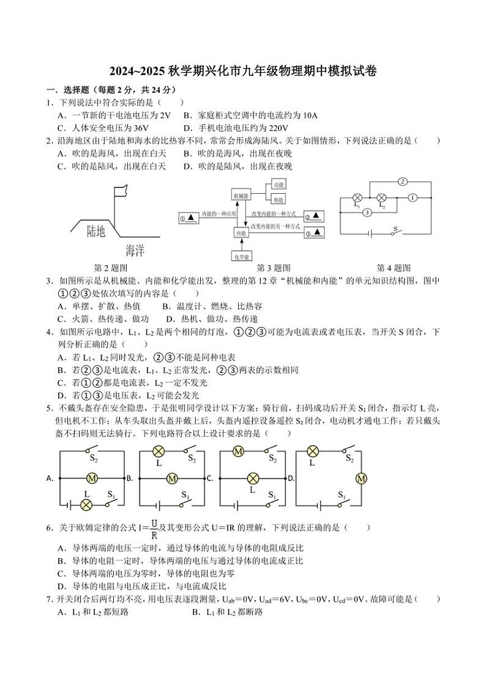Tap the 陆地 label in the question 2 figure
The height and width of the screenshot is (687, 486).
click(x=96, y=230)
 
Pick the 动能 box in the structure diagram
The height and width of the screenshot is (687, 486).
click(x=279, y=184)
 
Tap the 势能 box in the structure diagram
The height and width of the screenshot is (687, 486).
click(x=279, y=200)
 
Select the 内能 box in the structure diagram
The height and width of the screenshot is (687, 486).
click(x=241, y=233)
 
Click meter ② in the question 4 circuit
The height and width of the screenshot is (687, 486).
click(x=402, y=182)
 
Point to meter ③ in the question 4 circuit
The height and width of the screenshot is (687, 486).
click(x=366, y=213)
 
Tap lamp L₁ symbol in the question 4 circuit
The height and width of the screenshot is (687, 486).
click(x=358, y=198)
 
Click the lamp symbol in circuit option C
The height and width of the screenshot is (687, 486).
click(x=252, y=478)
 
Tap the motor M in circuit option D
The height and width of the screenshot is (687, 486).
click(x=361, y=478)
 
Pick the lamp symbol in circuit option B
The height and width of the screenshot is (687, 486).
click(x=157, y=452)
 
